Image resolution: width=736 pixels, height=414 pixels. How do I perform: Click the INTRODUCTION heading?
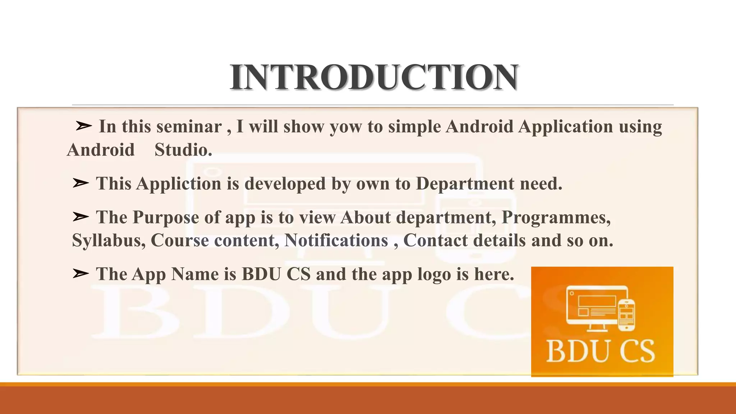374,77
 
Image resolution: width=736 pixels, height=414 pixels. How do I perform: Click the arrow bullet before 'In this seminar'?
84,126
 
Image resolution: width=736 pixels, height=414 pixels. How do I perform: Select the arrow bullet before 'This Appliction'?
80,183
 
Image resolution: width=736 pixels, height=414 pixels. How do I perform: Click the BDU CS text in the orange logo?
601,351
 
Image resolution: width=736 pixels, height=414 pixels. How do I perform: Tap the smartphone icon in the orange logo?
626,315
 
